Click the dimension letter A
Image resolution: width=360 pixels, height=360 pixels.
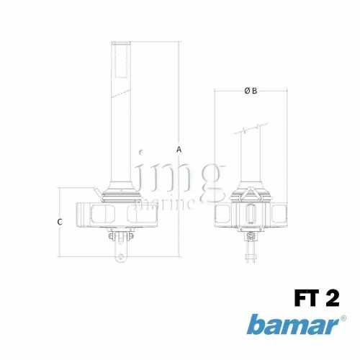pyautogui.click(x=179, y=149)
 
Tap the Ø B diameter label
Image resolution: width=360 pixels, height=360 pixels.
pyautogui.click(x=251, y=91)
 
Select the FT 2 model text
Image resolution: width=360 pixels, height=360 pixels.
pyautogui.click(x=315, y=296)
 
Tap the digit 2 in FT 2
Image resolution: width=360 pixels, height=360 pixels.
pyautogui.click(x=332, y=296)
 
